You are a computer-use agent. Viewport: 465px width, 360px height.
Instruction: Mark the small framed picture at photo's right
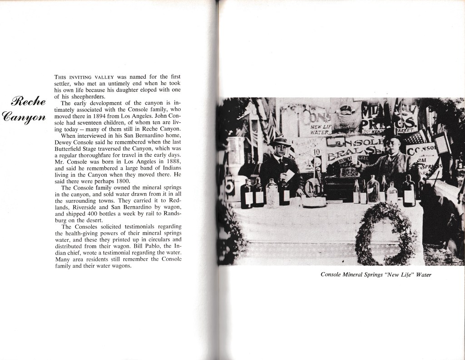[441, 143]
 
